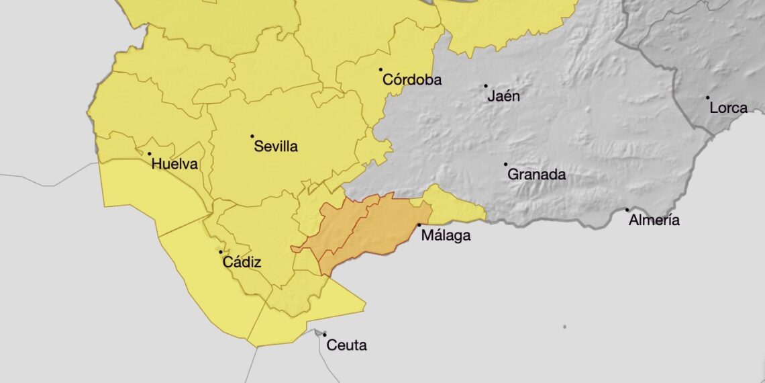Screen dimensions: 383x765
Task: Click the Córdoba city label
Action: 412,80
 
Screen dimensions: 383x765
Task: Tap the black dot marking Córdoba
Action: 380,69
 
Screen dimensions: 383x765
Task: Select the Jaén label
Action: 503,96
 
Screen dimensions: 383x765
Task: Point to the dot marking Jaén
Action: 486,86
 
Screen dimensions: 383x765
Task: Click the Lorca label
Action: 728,108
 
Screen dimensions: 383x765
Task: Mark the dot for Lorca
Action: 707,97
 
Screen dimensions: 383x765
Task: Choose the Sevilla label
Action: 276,146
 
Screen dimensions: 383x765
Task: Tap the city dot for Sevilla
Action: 252,136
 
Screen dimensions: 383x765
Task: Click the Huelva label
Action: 174,164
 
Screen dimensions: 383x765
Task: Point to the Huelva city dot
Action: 150,154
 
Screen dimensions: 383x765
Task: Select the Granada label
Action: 536,175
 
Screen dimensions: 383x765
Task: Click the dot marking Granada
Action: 505,164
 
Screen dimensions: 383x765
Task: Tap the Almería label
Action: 654,220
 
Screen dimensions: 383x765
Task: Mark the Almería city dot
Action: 627,210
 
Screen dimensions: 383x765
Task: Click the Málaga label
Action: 446,236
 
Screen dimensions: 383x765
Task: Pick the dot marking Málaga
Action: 419,225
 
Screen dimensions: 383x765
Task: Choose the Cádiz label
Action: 242,262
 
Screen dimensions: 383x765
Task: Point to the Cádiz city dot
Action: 221,252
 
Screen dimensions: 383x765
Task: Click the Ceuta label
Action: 346,345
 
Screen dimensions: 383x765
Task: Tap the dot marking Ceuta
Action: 324,335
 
